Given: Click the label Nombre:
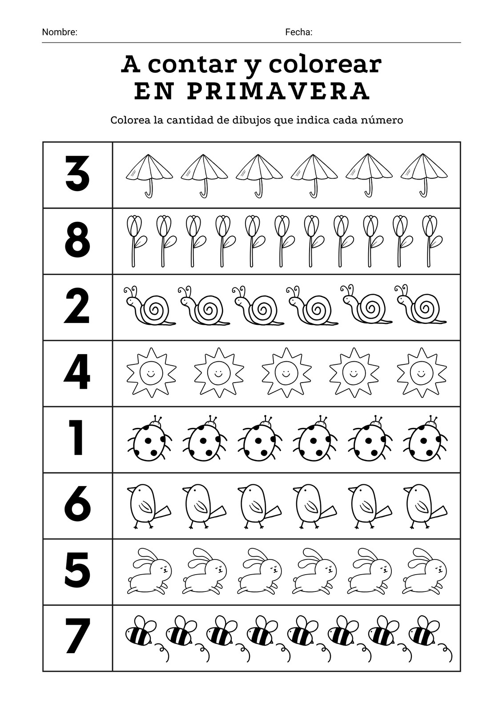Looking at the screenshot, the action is [x=60, y=32].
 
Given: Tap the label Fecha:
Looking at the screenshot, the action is [x=299, y=32].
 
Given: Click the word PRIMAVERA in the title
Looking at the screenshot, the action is [x=278, y=91].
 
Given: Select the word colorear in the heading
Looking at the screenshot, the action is [x=325, y=65].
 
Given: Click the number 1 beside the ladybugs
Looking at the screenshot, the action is [x=76, y=438].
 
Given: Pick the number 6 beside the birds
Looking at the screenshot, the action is [x=77, y=505].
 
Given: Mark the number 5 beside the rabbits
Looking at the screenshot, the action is [x=77, y=571].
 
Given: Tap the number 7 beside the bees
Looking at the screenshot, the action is [x=76, y=638].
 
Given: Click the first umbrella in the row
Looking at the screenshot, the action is [x=149, y=176].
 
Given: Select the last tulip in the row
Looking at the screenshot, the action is [x=431, y=241].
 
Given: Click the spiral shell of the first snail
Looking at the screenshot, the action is [x=155, y=308].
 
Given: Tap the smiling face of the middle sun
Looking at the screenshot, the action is [x=286, y=372].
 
